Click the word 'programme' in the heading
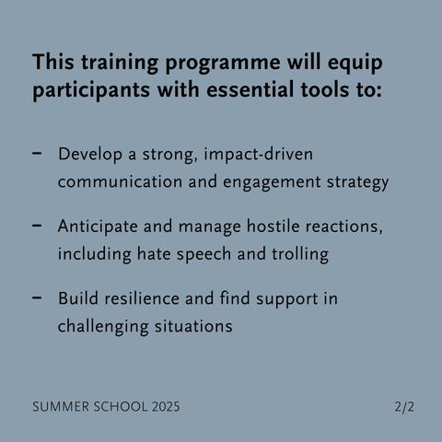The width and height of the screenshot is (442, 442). click(223, 64)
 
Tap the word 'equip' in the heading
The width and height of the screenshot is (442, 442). click(355, 64)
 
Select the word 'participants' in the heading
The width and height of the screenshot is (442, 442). click(91, 90)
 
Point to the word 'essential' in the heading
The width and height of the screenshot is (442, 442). click(250, 89)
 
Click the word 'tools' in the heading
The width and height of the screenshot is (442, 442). click(325, 90)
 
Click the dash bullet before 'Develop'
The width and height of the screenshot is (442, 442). click(37, 153)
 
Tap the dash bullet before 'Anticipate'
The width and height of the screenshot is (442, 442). click(37, 226)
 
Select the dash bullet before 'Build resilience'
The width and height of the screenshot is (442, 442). click(37, 297)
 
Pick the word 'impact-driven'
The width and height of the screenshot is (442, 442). click(259, 155)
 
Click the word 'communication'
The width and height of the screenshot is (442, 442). click(121, 181)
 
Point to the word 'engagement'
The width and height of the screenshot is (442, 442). click(272, 182)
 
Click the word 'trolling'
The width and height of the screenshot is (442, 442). click(300, 255)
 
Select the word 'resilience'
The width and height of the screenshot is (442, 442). click(142, 298)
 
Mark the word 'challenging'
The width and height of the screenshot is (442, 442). click(103, 327)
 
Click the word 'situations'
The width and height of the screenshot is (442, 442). click(193, 326)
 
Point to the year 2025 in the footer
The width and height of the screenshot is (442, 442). click(166, 407)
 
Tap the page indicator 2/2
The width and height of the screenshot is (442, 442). click(404, 407)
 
